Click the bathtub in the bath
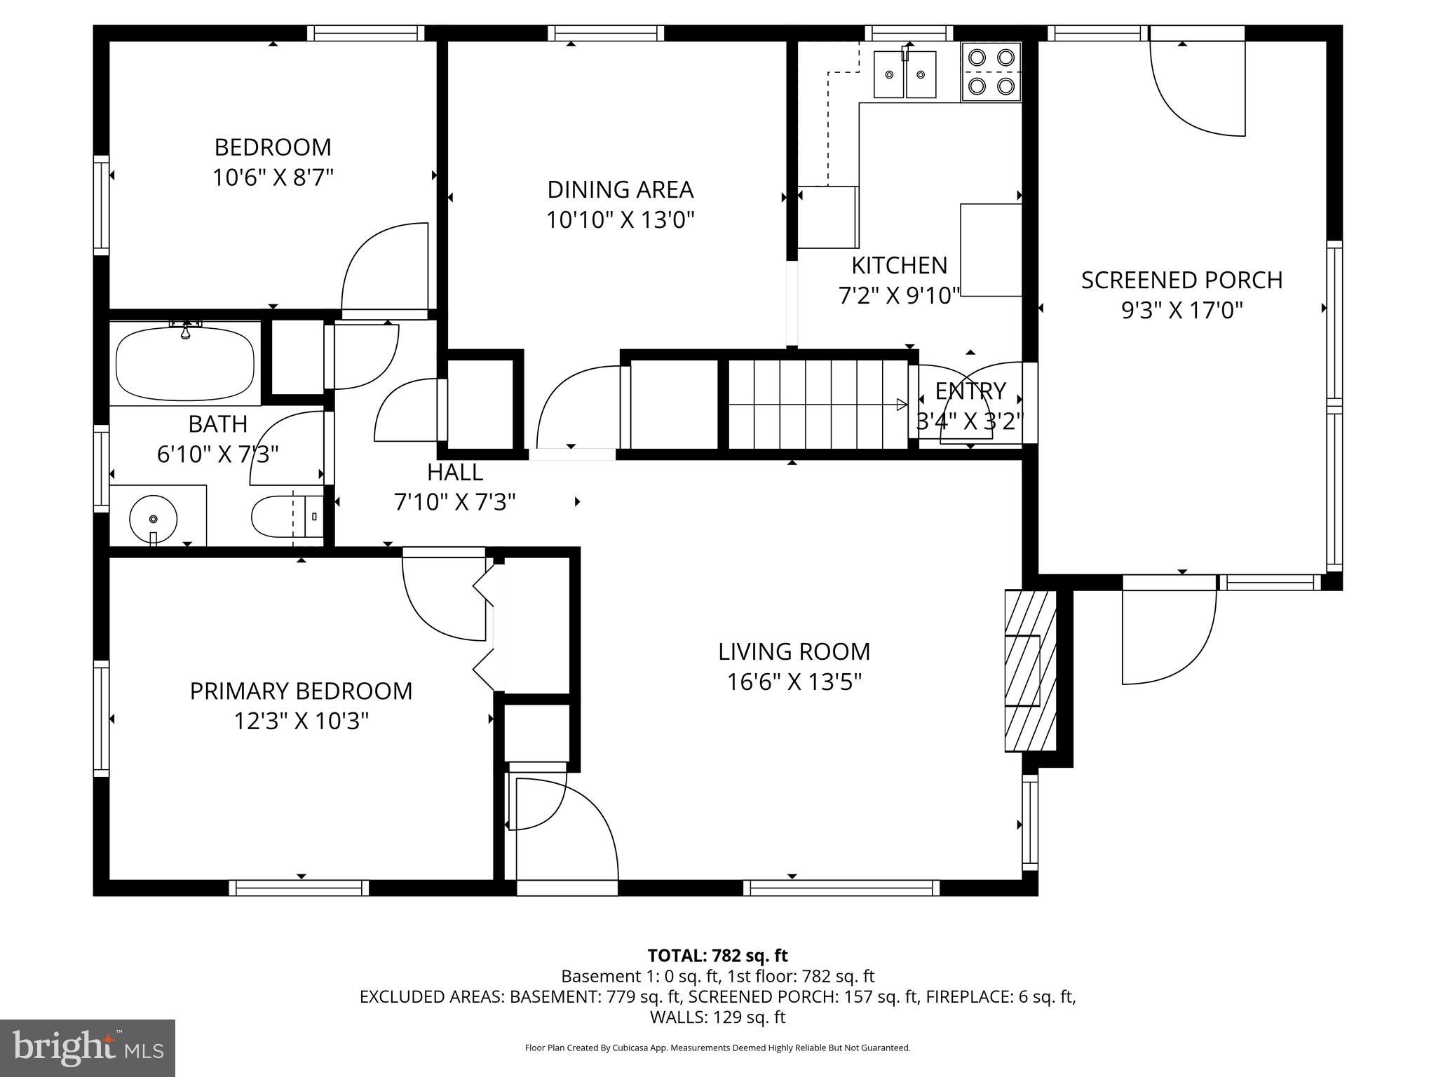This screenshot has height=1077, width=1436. click(185, 364)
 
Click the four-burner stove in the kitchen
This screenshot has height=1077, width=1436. click(991, 72)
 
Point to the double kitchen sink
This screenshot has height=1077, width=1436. click(905, 74)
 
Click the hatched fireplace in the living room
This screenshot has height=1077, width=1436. click(1030, 670)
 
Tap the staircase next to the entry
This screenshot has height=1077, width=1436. click(818, 404)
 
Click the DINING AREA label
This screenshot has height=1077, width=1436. click(620, 189)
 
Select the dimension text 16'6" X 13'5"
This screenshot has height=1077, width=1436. click(794, 682)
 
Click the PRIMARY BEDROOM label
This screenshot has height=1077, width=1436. click(301, 691)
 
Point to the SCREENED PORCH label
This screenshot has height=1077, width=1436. click(1181, 280)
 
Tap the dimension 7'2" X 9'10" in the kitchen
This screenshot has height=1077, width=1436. click(899, 296)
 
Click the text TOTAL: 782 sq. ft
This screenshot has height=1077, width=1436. click(717, 956)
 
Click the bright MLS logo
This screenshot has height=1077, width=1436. click(88, 1048)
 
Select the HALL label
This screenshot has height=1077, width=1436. click(455, 472)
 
